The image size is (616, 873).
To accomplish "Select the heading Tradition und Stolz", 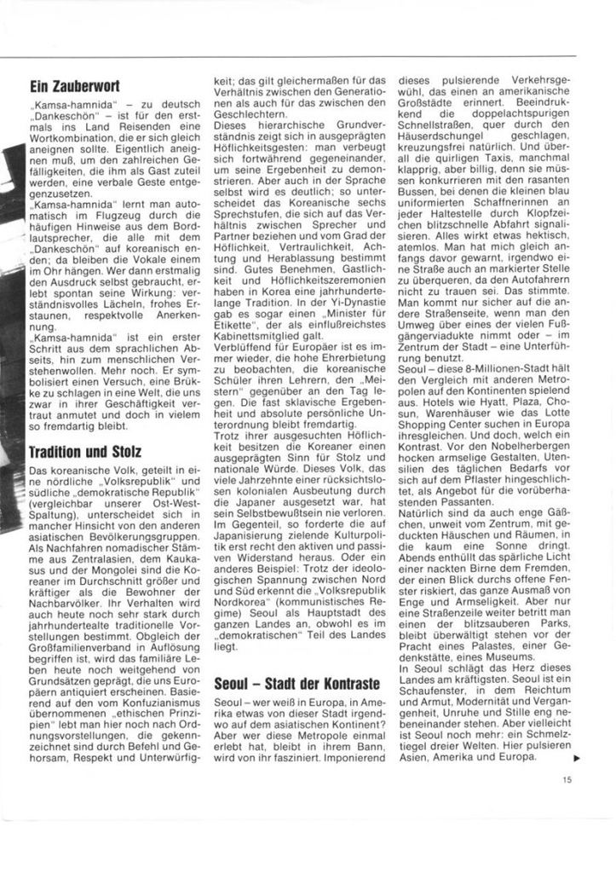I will pyautogui.click(x=84, y=450).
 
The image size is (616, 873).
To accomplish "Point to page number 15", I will pyautogui.click(x=567, y=777).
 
